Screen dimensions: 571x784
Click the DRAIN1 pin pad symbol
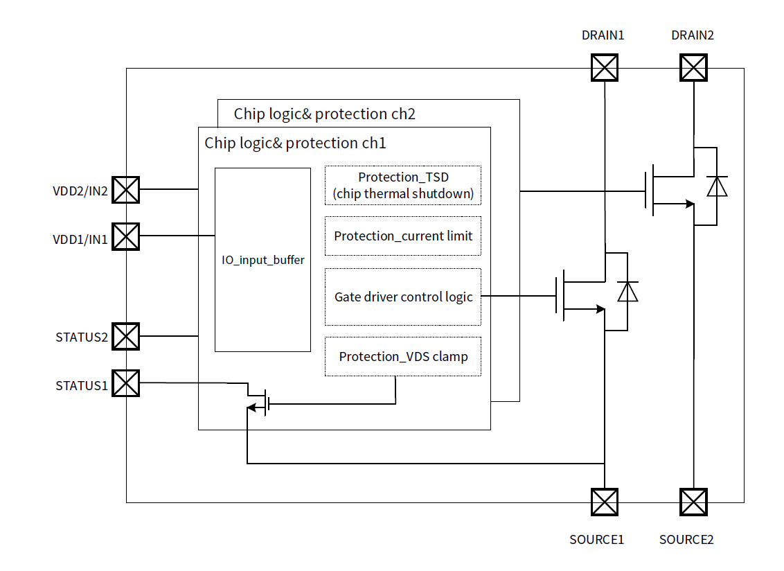coord(604,68)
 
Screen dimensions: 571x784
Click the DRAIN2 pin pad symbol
coord(693,68)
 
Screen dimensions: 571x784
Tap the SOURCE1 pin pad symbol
coord(604,502)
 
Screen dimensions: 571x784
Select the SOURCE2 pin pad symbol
coord(693,502)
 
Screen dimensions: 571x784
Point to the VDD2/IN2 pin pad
coord(126,189)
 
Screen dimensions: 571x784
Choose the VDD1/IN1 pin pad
coord(126,236)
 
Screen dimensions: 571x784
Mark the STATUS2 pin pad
coord(126,337)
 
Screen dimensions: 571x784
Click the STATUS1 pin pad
coord(126,383)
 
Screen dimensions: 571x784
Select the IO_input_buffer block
coord(262,260)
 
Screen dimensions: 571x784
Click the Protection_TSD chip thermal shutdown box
coord(402,186)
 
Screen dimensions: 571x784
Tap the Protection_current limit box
coord(402,236)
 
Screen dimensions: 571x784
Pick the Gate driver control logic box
coord(402,297)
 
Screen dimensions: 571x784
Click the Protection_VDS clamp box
coord(402,357)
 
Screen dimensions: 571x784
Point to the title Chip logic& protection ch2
coord(324,114)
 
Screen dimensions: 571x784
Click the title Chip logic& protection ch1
coord(295,143)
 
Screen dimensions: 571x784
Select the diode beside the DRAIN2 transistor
coord(717,186)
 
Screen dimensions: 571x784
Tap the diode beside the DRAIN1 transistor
coord(627,292)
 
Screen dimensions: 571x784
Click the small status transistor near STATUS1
coord(261,401)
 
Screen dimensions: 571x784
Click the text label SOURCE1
coord(596,539)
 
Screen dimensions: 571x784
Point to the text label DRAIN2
coord(693,35)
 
